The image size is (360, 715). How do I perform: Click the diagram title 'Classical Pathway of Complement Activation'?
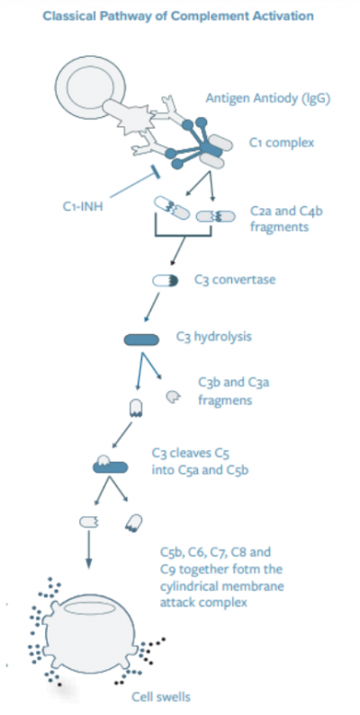(x=178, y=16)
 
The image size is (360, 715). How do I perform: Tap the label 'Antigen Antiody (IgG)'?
(x=267, y=98)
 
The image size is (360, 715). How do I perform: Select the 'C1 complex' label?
(x=281, y=142)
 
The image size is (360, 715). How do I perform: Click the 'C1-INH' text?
(x=83, y=206)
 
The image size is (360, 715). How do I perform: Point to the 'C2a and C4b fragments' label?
(x=286, y=219)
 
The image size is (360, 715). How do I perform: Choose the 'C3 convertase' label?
(x=235, y=279)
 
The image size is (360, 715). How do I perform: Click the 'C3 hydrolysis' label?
(x=213, y=337)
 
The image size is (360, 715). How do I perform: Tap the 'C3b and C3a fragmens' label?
(x=233, y=391)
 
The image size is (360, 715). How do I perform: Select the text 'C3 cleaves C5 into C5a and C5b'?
(x=201, y=461)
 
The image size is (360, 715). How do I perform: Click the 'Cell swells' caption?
(x=161, y=697)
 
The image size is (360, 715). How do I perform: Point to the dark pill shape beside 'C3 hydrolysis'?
(x=141, y=339)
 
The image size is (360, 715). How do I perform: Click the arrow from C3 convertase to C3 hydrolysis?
(x=152, y=307)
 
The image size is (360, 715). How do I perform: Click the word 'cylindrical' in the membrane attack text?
(x=188, y=585)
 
